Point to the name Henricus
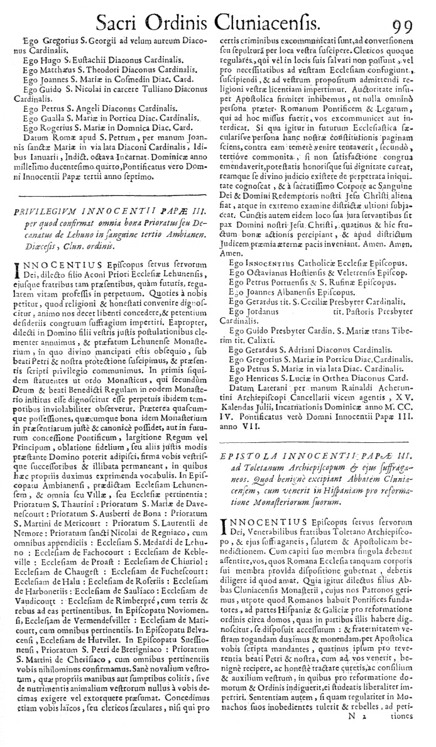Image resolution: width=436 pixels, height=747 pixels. coord(258,376)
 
